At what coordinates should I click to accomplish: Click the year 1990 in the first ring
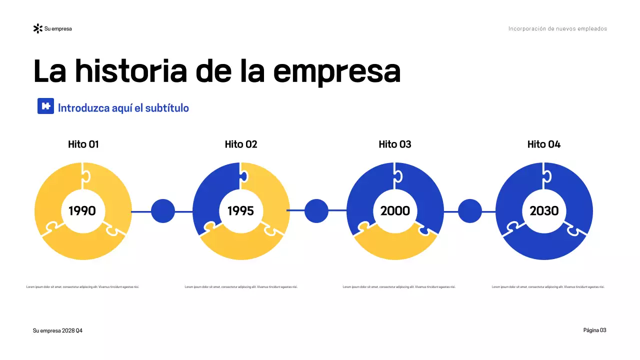pyautogui.click(x=82, y=211)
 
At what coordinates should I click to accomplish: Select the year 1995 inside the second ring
pyautogui.click(x=240, y=211)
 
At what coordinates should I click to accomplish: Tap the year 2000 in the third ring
pyautogui.click(x=395, y=211)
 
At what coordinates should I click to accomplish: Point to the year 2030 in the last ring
pyautogui.click(x=544, y=211)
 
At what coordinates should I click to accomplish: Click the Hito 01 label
pyautogui.click(x=83, y=144)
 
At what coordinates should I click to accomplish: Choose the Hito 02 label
pyautogui.click(x=241, y=144)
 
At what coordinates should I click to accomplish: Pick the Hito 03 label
pyautogui.click(x=395, y=144)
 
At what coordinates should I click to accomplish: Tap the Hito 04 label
pyautogui.click(x=544, y=144)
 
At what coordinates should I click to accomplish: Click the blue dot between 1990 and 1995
pyautogui.click(x=163, y=211)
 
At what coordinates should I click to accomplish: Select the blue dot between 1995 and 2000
pyautogui.click(x=316, y=211)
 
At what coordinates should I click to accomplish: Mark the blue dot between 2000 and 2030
pyautogui.click(x=470, y=211)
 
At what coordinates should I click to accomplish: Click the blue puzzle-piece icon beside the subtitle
pyautogui.click(x=45, y=106)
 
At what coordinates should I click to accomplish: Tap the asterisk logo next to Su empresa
pyautogui.click(x=37, y=28)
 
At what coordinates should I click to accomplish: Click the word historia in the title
pyautogui.click(x=131, y=71)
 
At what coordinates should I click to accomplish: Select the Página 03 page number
pyautogui.click(x=594, y=330)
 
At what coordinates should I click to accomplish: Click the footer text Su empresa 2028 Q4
pyautogui.click(x=57, y=331)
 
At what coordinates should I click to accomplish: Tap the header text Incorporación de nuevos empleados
pyautogui.click(x=557, y=28)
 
